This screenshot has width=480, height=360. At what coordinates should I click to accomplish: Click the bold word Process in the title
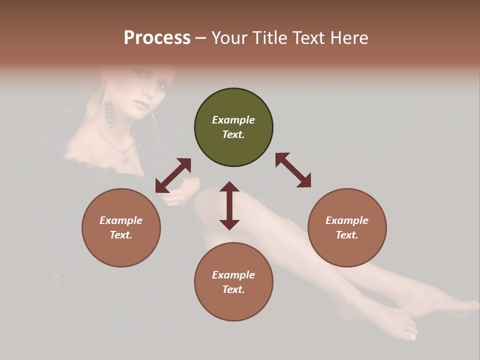(157, 38)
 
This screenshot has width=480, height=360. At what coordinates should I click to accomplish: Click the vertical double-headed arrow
(229, 205)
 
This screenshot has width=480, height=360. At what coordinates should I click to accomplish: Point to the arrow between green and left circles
(173, 175)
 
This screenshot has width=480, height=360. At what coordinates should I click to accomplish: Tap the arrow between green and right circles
(293, 170)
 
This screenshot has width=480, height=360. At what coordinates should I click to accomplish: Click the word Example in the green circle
(233, 120)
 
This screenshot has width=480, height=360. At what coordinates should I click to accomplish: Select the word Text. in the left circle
(121, 235)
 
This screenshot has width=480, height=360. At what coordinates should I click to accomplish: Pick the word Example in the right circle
(347, 220)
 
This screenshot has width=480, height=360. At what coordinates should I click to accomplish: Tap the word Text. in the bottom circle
(233, 289)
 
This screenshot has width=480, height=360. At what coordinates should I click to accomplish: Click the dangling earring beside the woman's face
(109, 114)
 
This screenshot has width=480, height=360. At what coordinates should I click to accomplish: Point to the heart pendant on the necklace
(125, 160)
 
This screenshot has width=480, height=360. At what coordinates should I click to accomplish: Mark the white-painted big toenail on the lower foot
(412, 337)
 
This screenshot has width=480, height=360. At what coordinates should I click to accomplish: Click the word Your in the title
(227, 38)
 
